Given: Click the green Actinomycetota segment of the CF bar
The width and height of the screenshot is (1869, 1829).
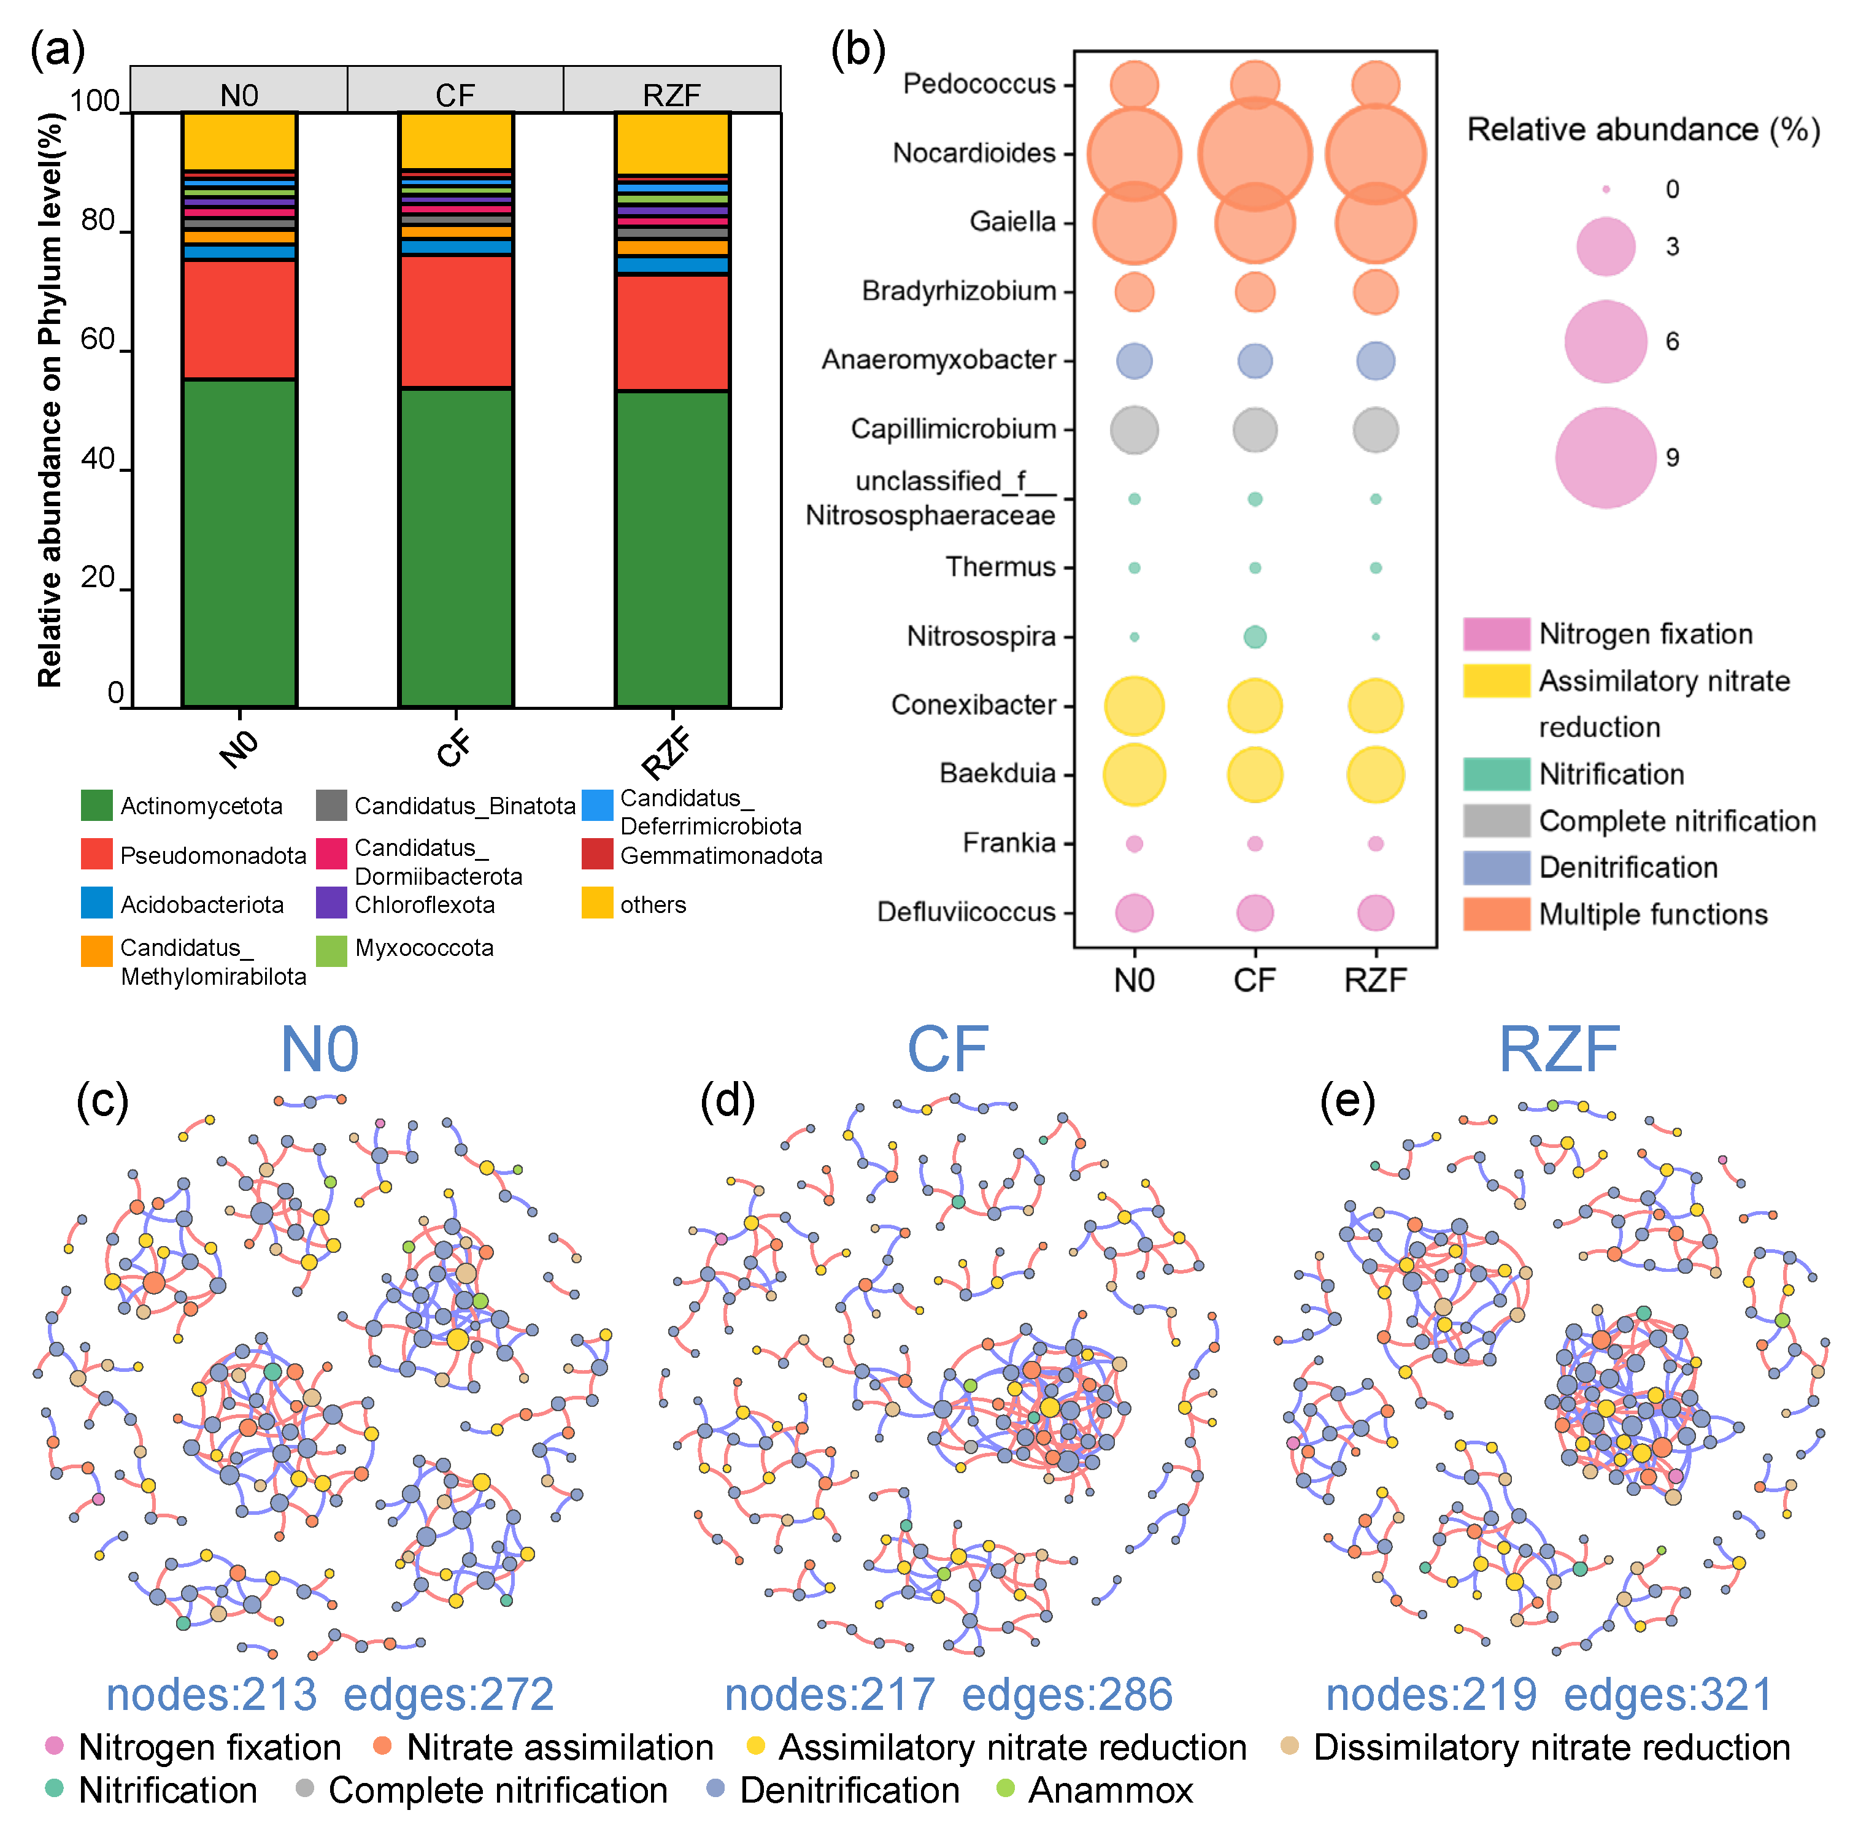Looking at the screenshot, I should [455, 547].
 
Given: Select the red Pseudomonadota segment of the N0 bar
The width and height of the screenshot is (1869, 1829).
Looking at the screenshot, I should [239, 319].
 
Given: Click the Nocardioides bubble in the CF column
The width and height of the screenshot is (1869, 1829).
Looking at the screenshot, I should [1254, 154].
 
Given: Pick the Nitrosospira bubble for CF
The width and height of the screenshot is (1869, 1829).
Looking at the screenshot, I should [1254, 637].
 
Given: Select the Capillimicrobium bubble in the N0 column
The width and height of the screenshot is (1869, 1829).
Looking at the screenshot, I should [1135, 429].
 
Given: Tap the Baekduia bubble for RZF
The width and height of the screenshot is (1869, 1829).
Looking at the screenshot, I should [1375, 774].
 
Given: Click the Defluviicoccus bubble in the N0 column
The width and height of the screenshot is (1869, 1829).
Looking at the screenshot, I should [1135, 912].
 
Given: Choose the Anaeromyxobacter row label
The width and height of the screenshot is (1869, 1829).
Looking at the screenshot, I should [938, 360].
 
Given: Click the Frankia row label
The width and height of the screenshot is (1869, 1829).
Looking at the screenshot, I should [1009, 844].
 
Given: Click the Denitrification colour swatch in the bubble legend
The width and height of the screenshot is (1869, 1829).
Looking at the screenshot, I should [1495, 868].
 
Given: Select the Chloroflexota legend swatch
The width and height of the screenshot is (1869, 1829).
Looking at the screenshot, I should [331, 904].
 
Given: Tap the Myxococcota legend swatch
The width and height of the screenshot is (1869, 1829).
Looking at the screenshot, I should [331, 950].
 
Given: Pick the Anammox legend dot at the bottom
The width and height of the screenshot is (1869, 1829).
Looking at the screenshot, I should [1004, 1789].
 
